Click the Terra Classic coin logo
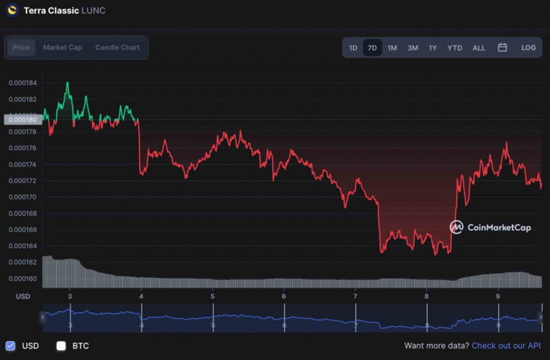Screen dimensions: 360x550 coord(12,11)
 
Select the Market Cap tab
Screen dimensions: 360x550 coord(62,47)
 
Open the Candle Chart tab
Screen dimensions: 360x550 coord(117,47)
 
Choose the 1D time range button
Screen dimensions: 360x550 coord(353,48)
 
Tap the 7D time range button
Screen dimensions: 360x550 coord(372,48)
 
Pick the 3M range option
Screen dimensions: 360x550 coord(412,48)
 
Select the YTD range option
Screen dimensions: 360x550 coord(455,48)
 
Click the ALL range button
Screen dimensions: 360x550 coord(479,48)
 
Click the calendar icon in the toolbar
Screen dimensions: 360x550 coord(503,48)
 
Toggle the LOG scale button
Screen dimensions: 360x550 coord(528,48)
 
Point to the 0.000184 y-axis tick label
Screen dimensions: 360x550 coord(23,83)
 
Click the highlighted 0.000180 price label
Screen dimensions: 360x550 coord(23,120)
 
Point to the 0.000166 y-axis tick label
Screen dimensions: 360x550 coord(23,230)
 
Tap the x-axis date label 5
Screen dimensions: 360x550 coord(212,297)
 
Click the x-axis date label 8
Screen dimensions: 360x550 coord(427,297)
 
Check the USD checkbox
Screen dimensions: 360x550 coord(11,346)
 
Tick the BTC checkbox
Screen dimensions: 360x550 coord(61,346)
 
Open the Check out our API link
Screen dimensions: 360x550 coord(506,346)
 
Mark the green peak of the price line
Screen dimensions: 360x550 coord(68,83)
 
